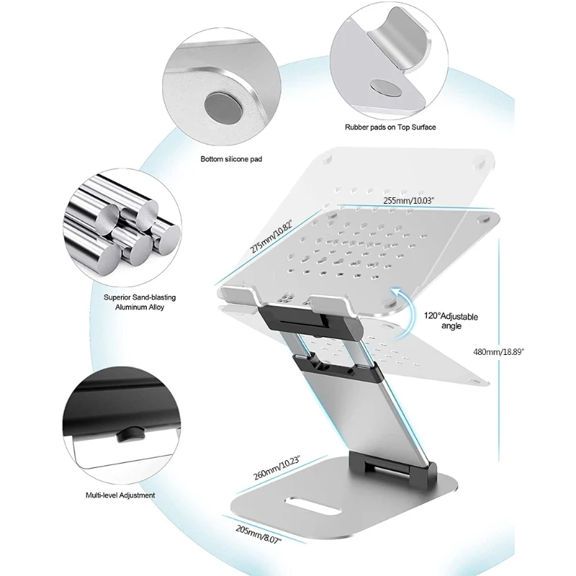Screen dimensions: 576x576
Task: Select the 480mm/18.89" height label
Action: point(498,351)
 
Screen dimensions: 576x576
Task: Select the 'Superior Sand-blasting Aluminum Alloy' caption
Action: point(139,302)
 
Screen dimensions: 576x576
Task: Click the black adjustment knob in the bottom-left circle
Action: point(132,433)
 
